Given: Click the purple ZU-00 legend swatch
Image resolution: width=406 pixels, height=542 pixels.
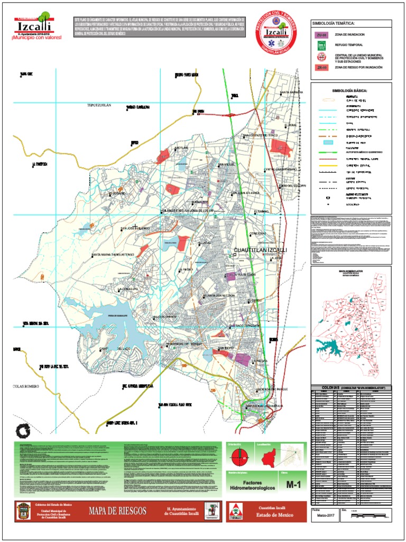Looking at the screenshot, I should tap(320, 34).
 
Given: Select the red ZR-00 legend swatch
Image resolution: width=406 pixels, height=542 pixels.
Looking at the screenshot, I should tap(320, 68).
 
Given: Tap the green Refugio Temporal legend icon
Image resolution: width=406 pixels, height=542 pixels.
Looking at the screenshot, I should tap(320, 46).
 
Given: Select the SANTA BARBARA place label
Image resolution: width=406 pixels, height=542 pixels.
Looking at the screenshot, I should tap(291, 93).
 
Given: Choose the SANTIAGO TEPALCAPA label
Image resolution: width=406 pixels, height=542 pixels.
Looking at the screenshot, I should tap(245, 325).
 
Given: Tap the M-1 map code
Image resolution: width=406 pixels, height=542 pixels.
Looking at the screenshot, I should tap(293, 484).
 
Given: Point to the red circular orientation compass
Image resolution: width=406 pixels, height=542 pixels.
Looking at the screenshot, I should tap(240, 455).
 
